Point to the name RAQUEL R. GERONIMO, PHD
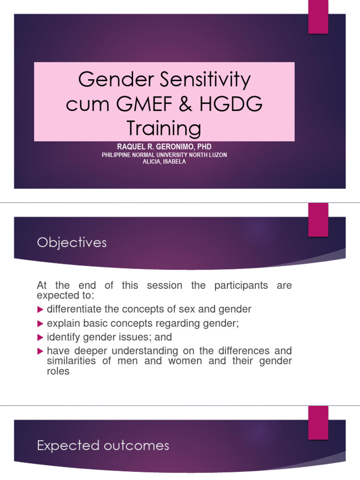point(164,147)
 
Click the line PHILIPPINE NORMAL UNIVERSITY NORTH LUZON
point(164,155)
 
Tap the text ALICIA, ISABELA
point(164,162)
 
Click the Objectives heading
point(72,243)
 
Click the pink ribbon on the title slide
point(318,17)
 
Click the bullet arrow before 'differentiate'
point(40,309)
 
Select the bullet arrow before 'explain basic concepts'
point(40,323)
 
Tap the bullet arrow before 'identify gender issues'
point(40,337)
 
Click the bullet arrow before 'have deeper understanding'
point(40,351)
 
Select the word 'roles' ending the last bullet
point(58,371)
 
